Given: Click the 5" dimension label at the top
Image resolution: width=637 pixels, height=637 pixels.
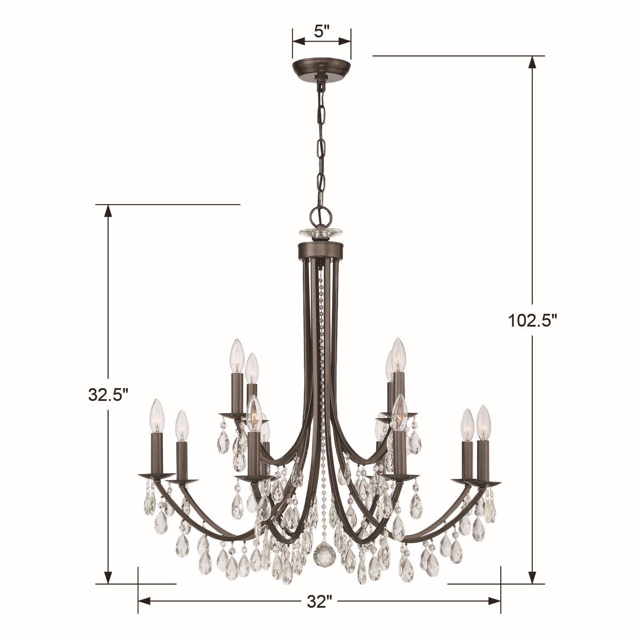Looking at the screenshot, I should pos(321,31).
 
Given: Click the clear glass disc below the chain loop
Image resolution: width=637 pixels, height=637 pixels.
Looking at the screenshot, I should pos(321,232).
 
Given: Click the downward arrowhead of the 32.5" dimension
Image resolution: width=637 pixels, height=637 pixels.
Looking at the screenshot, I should pos(108,578).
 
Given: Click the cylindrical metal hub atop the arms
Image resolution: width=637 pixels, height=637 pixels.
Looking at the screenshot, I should pos(321,251).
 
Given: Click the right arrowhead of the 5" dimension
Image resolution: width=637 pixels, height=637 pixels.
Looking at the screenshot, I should pos(346,41).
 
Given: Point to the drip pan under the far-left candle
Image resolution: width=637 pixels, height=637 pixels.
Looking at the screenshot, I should pos(156,475).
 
